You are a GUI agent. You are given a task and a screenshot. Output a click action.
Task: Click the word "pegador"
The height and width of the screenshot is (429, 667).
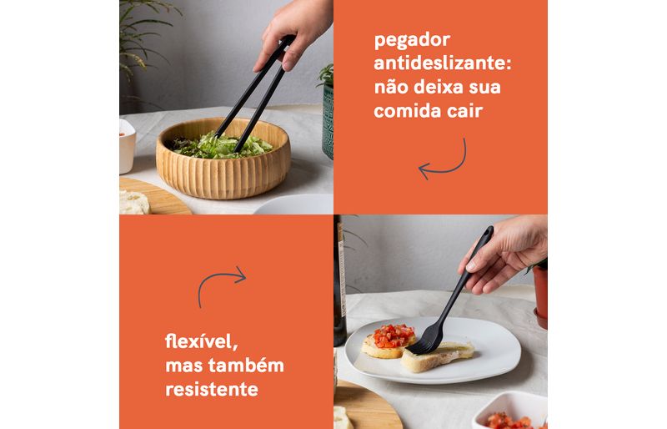[x=412, y=41]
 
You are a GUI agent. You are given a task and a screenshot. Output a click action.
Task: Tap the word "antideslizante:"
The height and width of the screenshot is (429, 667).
[x=443, y=63]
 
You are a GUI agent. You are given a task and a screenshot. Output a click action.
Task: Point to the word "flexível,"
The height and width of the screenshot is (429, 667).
[x=201, y=341]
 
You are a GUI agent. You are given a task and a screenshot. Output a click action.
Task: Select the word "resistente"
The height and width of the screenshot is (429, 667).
[x=212, y=389]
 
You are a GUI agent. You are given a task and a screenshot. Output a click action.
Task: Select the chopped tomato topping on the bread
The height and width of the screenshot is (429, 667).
[x=393, y=336]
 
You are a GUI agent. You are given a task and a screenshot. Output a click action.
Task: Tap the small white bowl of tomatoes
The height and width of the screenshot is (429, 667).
[x=510, y=412]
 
